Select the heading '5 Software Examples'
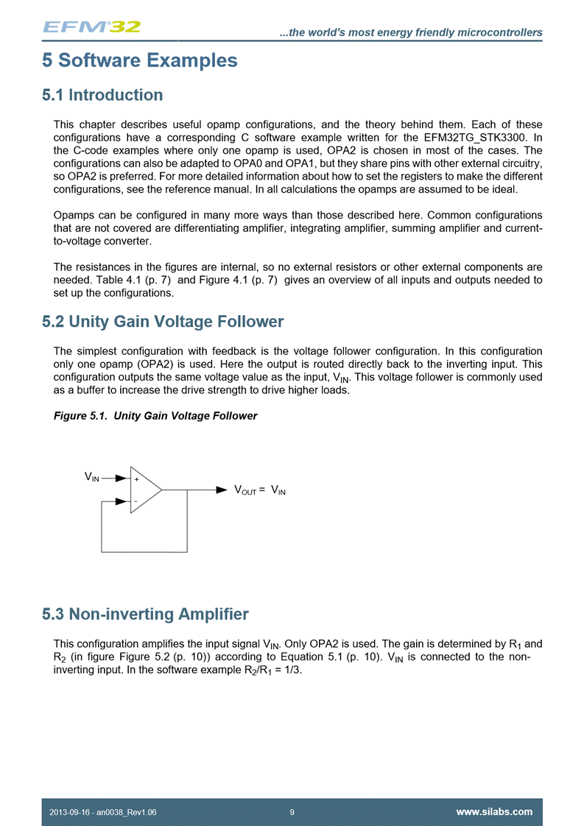pos(140,60)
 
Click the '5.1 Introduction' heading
pos(102,95)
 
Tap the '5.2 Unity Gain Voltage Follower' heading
pos(163,322)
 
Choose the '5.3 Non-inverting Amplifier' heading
pos(145,614)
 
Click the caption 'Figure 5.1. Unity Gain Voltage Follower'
pos(155,416)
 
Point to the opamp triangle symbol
pos(145,489)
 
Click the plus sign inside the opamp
pos(136,479)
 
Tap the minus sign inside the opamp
pos(136,501)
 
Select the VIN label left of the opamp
pos(92,477)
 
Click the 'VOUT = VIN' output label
pos(259,490)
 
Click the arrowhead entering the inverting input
pos(123,501)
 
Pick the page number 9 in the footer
pos(292,812)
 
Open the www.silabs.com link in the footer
pos(494,812)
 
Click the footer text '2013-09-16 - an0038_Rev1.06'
pos(102,812)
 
